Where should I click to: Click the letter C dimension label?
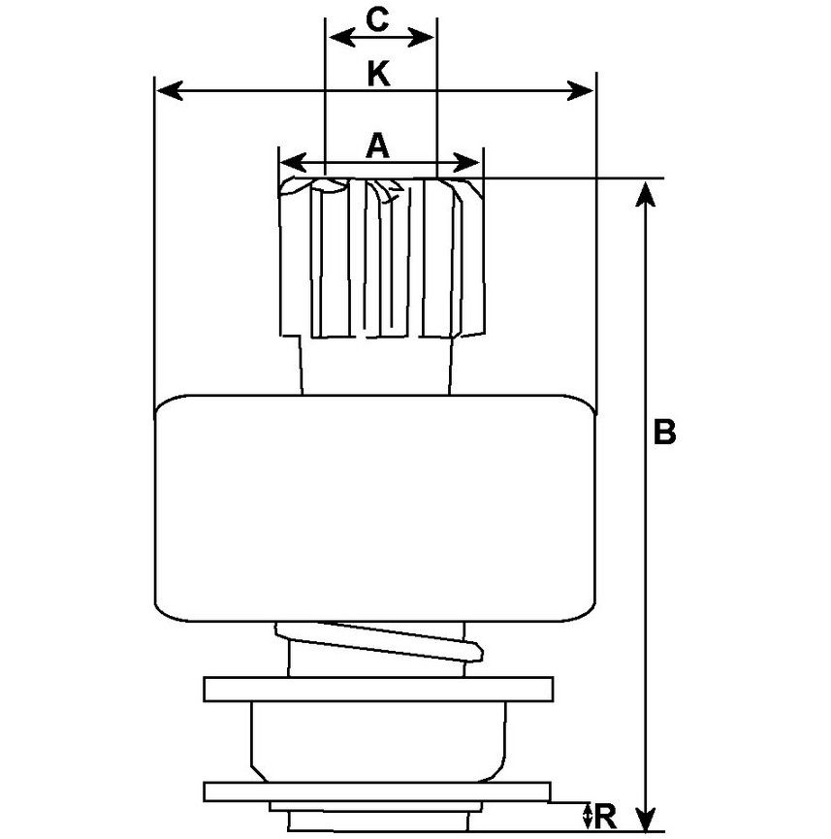[376, 19]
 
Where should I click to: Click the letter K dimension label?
[378, 74]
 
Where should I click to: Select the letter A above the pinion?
[377, 146]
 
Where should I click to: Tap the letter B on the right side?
[664, 432]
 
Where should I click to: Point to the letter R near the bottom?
[605, 817]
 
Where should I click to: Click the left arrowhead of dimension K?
[170, 91]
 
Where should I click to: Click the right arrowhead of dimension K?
[580, 91]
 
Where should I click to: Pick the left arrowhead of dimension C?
[341, 38]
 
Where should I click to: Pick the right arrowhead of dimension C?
[421, 38]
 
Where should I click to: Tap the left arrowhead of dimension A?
[293, 162]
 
